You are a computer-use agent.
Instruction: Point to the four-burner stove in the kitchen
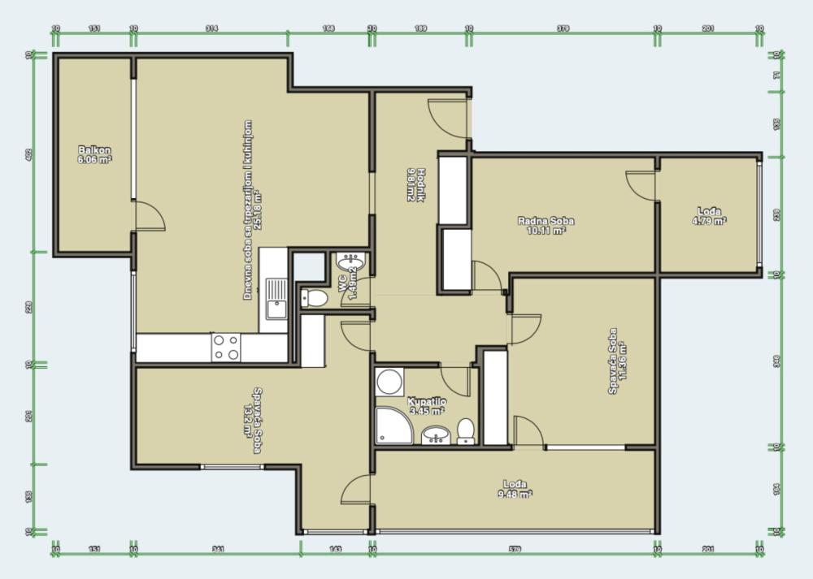[225, 348]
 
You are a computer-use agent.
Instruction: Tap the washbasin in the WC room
[351, 262]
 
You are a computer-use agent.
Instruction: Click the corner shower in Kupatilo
[393, 426]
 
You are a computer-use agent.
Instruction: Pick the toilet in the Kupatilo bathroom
[466, 430]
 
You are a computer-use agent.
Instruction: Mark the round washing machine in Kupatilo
[389, 382]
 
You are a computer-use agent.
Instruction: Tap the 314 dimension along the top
[211, 28]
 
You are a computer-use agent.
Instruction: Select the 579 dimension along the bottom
[515, 550]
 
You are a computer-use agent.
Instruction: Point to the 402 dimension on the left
[29, 153]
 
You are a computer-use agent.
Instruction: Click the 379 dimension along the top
[563, 28]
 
